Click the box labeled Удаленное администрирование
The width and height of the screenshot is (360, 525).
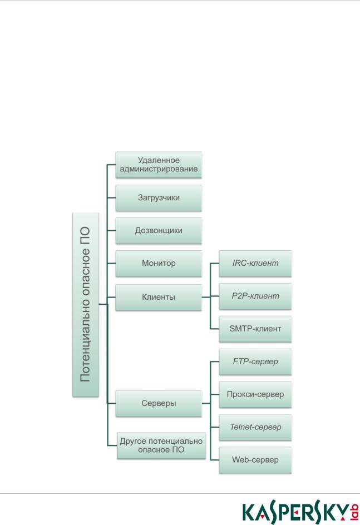pyautogui.click(x=159, y=165)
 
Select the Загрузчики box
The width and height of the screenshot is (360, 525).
pyautogui.click(x=159, y=197)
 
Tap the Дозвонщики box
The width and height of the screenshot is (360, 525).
pyautogui.click(x=159, y=230)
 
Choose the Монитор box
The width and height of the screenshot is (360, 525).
pyautogui.click(x=159, y=263)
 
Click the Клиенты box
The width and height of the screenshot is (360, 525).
pyautogui.click(x=159, y=297)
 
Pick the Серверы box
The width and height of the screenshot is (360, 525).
pyautogui.click(x=159, y=403)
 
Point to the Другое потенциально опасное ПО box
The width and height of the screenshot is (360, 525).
pyautogui.click(x=161, y=445)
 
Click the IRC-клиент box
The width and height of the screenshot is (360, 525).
pyautogui.click(x=255, y=263)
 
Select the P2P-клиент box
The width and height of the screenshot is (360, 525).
pyautogui.click(x=255, y=296)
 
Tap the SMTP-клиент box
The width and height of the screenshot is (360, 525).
pyautogui.click(x=255, y=329)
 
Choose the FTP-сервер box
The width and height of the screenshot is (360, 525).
pyautogui.click(x=255, y=361)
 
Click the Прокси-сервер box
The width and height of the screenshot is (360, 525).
pyautogui.click(x=255, y=394)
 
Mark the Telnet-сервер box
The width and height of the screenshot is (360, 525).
pyautogui.click(x=255, y=427)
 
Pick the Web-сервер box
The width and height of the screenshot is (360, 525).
pyautogui.click(x=255, y=460)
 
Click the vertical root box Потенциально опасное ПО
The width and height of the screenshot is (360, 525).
pyautogui.click(x=86, y=305)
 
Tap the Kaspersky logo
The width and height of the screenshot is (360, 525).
pyautogui.click(x=300, y=512)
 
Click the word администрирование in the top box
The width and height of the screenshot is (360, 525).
pyautogui.click(x=159, y=169)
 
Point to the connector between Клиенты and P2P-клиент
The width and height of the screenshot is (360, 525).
pyautogui.click(x=210, y=297)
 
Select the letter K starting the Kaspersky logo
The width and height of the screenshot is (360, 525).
pyautogui.click(x=248, y=512)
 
